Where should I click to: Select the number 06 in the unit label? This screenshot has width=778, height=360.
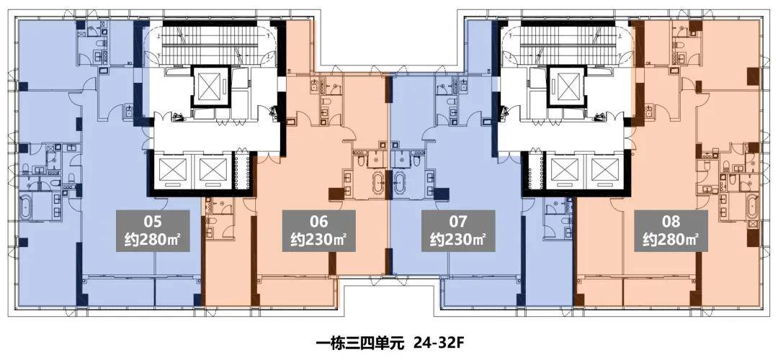tap(319, 221)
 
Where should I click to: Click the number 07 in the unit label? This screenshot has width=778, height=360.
tap(458, 221)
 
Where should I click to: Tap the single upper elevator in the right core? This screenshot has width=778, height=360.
tap(565, 88)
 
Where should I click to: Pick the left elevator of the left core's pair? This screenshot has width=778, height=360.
tap(173, 172)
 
